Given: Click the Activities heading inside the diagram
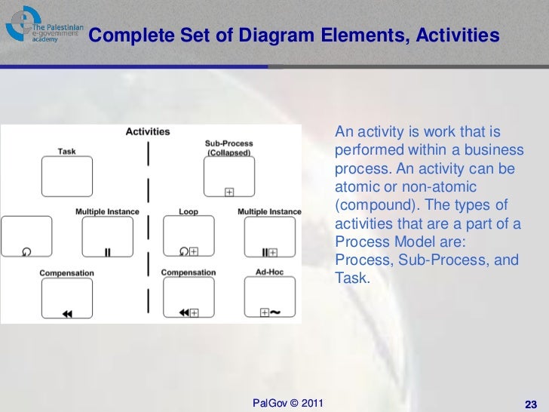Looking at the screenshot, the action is (x=147, y=131).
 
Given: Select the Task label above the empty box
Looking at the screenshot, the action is (x=66, y=151).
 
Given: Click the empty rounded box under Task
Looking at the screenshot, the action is (x=66, y=178).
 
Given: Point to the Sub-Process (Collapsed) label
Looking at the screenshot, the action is (x=228, y=147).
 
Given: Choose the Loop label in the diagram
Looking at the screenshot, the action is (x=189, y=212).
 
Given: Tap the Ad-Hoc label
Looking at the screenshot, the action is (x=269, y=272).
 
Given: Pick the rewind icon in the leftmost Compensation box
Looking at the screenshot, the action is (x=67, y=314).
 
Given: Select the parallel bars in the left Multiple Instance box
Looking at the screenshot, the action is (x=107, y=253).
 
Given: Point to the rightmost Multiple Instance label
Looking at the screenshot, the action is (x=269, y=212).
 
